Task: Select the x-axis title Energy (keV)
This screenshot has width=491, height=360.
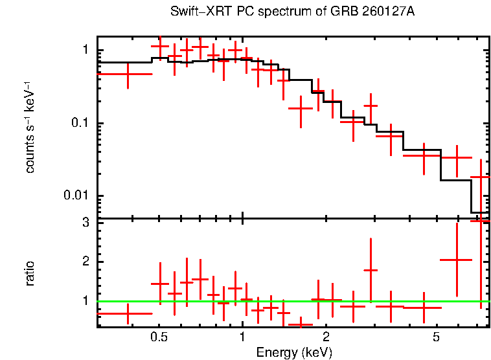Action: (294, 352)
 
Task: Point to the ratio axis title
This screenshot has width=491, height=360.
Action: (30, 273)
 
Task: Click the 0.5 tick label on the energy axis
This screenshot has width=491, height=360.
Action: (159, 338)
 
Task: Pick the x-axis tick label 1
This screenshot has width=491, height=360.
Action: (242, 338)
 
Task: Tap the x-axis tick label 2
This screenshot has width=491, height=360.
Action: (325, 338)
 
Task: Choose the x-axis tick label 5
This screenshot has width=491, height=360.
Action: (436, 338)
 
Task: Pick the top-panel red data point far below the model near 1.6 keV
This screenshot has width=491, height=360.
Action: (301, 108)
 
